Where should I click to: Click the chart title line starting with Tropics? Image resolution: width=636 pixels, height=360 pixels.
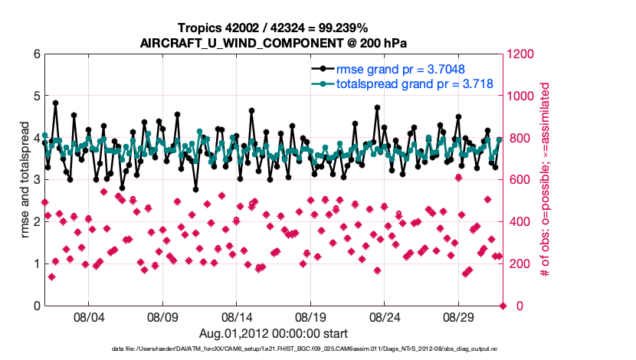(273, 28)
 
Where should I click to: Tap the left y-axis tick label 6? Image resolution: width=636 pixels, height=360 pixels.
(36, 54)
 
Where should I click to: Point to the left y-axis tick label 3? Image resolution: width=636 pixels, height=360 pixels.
(36, 180)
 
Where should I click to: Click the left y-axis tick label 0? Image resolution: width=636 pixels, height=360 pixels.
(36, 306)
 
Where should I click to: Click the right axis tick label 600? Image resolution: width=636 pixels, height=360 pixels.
(517, 180)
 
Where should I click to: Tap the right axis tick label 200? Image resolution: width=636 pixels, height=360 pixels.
(517, 264)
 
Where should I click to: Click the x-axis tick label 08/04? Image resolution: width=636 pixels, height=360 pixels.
(88, 316)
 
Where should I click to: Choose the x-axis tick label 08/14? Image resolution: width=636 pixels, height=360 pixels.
(237, 316)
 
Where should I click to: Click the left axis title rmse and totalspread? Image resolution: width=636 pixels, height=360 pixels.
(24, 180)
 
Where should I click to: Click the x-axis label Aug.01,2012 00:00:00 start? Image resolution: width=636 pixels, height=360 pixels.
(273, 333)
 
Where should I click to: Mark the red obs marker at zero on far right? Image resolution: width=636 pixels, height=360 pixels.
(503, 306)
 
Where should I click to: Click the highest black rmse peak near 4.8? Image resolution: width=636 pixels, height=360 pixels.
(55, 103)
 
